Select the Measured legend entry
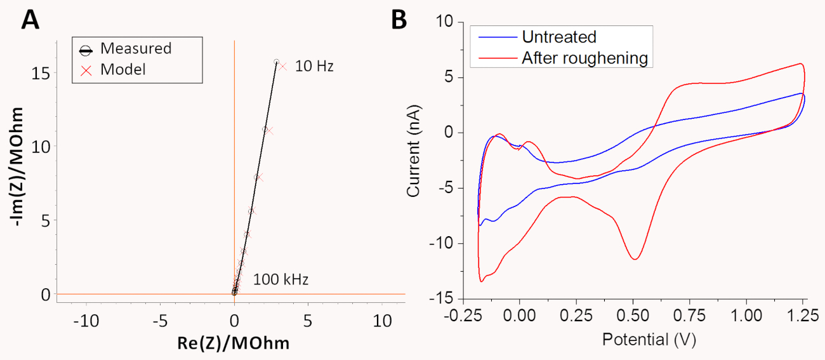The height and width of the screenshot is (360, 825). pyautogui.click(x=136, y=48)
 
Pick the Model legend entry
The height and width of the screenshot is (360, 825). pyautogui.click(x=123, y=69)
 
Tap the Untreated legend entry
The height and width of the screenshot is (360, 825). pyautogui.click(x=558, y=37)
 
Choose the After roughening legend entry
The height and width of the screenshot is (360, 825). pyautogui.click(x=584, y=58)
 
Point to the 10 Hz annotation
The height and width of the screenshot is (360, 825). pyautogui.click(x=314, y=66)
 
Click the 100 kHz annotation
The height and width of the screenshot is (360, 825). pyautogui.click(x=280, y=279)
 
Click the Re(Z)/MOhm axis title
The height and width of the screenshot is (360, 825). pyautogui.click(x=234, y=343)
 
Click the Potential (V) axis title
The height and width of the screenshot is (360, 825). pyautogui.click(x=649, y=340)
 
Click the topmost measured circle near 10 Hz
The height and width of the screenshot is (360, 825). pyautogui.click(x=276, y=62)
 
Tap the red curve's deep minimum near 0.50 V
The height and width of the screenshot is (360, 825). pyautogui.click(x=634, y=259)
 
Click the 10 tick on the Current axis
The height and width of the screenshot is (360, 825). pyautogui.click(x=445, y=22)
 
